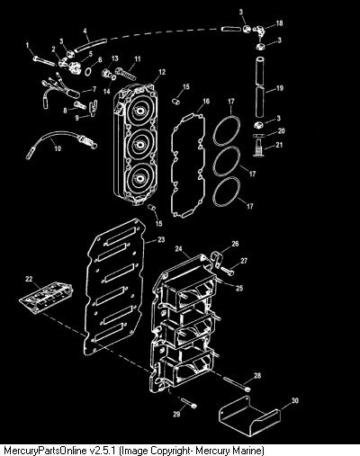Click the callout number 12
pos(162,72)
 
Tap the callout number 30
pos(295,400)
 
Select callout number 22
pos(29,279)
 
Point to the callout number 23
pos(161,240)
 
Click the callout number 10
pos(58,148)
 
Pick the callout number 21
pos(279,145)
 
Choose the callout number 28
pos(257,375)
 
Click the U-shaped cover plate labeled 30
pos(249,416)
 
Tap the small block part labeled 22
pos(46,298)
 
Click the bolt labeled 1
pos(44,61)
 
